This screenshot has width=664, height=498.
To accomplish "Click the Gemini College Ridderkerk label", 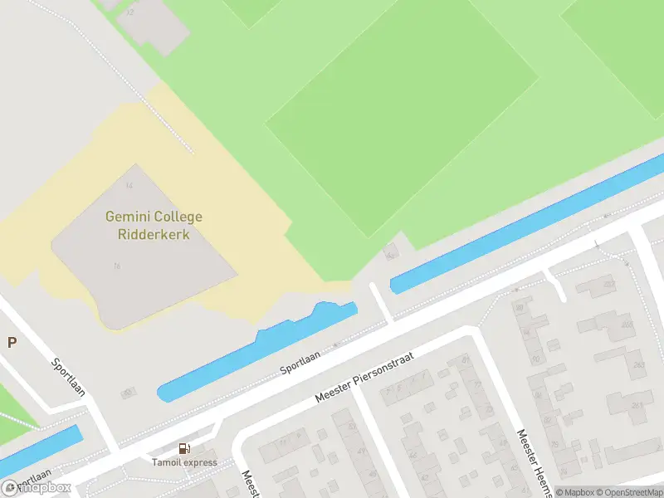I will coord(154,226).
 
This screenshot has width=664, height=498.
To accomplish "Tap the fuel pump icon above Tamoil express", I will coord(184,449).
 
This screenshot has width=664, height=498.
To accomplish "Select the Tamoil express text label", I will coord(184,462).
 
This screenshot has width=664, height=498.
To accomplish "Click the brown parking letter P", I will coord(12,342).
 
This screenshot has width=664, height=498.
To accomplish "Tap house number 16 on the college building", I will coord(117,266).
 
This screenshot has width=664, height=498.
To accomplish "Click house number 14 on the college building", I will coord(129,185).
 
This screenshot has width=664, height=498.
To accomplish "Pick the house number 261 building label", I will coord(636,405).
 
